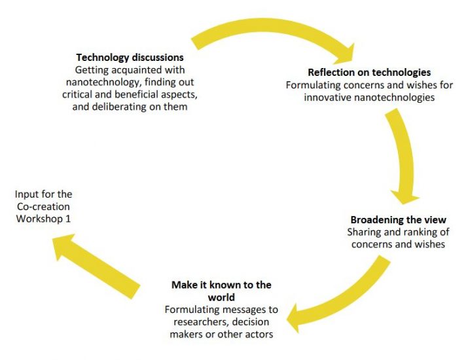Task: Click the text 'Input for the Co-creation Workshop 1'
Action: pyautogui.click(x=43, y=206)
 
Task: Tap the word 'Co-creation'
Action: pyautogui.click(x=43, y=206)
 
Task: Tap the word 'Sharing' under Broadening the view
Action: pyautogui.click(x=363, y=232)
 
